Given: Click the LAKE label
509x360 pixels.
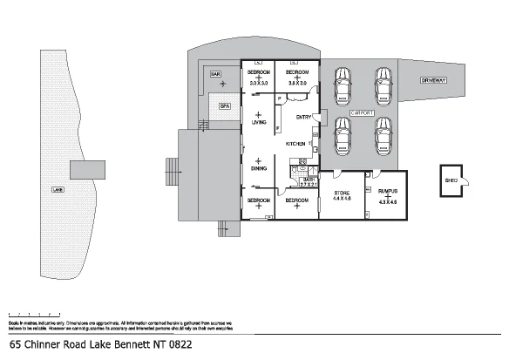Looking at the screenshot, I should [58, 188].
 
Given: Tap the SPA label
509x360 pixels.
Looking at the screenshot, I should [224, 105].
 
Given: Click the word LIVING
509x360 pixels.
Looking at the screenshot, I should [259, 123].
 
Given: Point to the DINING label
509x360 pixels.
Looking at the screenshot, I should [259, 168].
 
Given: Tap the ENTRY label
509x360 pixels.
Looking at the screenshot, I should [303, 117].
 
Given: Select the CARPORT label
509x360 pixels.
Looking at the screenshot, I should [362, 113].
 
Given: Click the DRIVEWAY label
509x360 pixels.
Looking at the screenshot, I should [433, 79].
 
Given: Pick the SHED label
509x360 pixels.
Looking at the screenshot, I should [451, 181].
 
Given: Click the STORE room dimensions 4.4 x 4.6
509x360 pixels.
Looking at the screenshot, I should [342, 199].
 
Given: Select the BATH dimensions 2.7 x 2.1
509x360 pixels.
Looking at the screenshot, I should [308, 185].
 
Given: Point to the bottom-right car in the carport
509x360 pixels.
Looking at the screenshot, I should [383, 135].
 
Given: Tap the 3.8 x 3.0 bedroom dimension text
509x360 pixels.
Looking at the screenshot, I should [297, 82].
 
